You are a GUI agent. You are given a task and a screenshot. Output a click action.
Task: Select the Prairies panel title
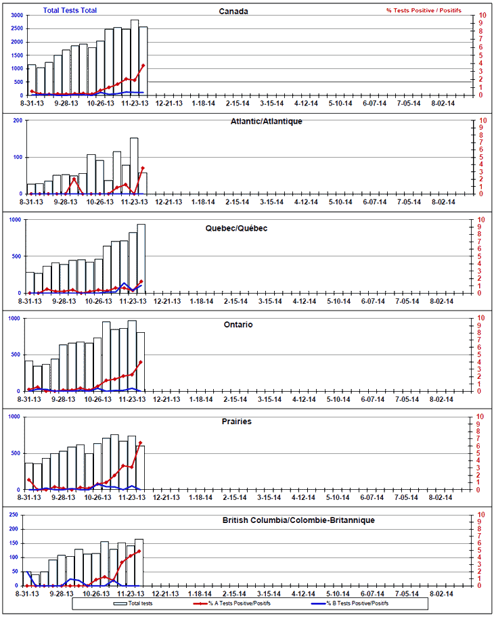237,421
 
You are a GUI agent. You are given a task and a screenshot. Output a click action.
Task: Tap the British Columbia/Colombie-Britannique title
298,520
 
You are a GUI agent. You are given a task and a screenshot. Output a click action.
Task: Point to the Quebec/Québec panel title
236,228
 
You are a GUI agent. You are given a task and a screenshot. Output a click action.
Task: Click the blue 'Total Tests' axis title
70,11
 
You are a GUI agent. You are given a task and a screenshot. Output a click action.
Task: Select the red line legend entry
233,602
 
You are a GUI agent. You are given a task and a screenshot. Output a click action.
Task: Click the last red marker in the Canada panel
143,66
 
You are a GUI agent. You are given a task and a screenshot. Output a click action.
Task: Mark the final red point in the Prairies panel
141,443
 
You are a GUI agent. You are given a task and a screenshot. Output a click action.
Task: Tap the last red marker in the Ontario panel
141,362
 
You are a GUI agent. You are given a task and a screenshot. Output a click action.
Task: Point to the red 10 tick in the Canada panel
481,15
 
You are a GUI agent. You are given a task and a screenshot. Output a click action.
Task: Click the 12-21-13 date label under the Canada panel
168,104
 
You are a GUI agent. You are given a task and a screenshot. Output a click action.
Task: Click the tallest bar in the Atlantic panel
134,165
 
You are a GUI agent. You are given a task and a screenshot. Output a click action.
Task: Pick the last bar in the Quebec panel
141,258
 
